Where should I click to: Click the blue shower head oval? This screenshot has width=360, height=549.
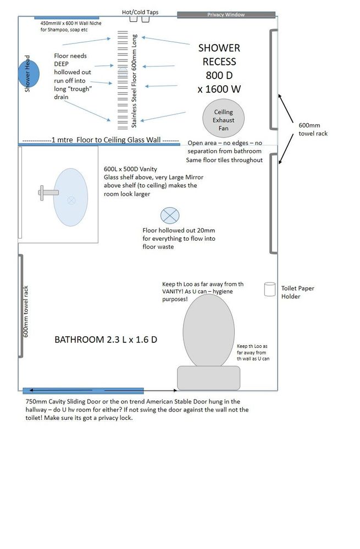[x=30, y=74]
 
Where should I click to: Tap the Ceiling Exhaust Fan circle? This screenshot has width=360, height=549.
[x=223, y=119]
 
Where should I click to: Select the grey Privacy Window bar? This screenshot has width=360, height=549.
[x=226, y=15]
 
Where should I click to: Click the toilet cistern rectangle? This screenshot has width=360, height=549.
[x=209, y=378]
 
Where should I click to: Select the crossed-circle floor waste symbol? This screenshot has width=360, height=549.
[x=168, y=215]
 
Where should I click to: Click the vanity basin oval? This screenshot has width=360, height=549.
[x=70, y=197]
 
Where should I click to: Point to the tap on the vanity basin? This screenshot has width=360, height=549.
[x=48, y=192]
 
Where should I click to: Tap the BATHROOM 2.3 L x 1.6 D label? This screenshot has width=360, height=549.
[x=106, y=340]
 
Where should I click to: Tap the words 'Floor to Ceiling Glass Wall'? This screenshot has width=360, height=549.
[x=119, y=140]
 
